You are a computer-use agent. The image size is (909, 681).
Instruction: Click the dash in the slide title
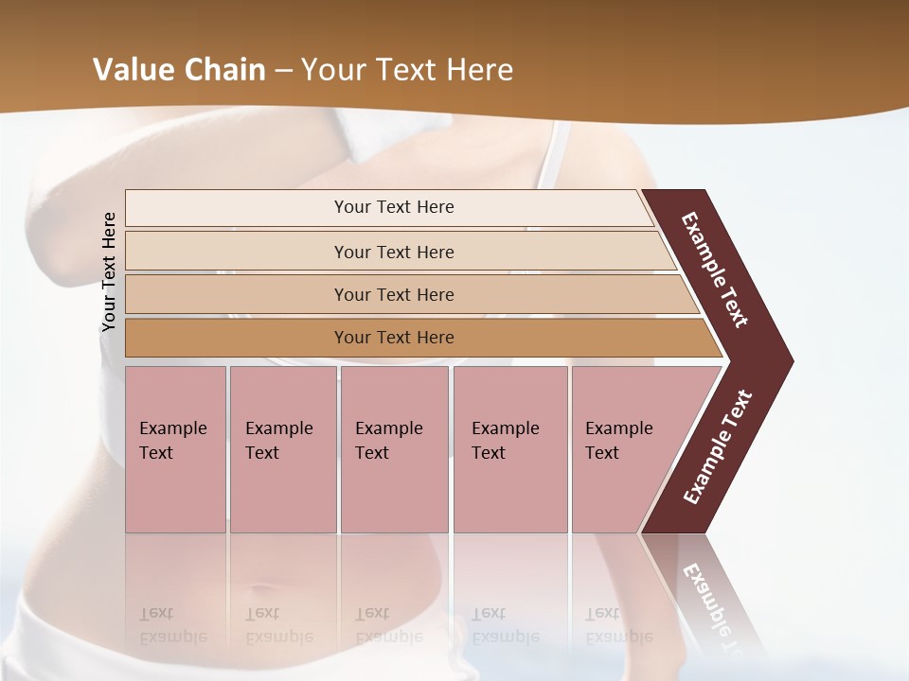pos(283,70)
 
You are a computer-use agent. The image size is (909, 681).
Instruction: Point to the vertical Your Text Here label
pos(109,271)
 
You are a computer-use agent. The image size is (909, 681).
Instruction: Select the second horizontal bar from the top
pos(394,252)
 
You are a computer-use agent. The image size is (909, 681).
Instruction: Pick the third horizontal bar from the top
pos(394,294)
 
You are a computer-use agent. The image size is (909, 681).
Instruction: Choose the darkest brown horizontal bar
pos(394,338)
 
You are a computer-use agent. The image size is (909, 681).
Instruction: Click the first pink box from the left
pos(175,449)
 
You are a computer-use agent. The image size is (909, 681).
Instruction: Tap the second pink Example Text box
pos(282,449)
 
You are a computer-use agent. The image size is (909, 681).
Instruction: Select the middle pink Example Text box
pos(394,449)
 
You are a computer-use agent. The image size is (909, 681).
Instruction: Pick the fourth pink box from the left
pos(510,449)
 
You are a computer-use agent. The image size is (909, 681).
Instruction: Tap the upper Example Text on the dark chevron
pos(715,270)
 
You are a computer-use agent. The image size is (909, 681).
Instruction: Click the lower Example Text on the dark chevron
pos(718,447)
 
